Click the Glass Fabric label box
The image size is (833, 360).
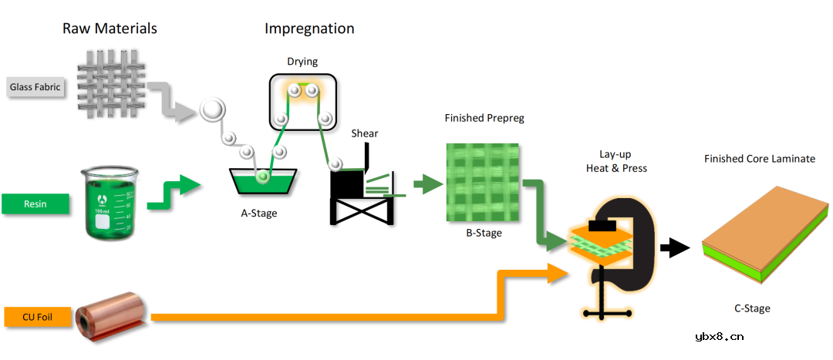coord(35,87)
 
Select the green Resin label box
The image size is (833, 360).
coord(35,204)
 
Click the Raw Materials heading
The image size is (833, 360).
coord(110,29)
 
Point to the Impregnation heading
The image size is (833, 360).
coord(309,29)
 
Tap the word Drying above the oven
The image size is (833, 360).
coord(302,62)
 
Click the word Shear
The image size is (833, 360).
coord(365,133)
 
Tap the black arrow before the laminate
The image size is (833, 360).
coord(674,247)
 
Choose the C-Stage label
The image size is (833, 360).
coord(752,308)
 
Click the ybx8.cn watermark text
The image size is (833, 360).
coord(718,336)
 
